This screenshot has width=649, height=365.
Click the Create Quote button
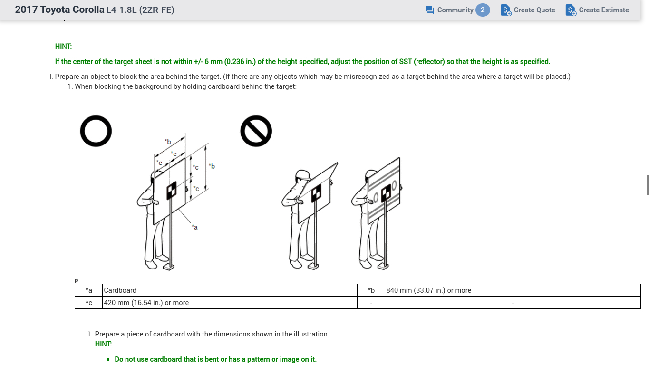528,10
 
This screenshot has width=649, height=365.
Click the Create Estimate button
597,10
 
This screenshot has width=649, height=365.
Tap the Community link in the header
449,10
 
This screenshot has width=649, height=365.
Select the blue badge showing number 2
483,10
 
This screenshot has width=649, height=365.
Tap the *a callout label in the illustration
195,227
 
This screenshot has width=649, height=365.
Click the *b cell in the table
371,290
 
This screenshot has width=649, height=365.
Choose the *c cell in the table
88,303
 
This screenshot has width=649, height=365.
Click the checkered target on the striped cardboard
386,193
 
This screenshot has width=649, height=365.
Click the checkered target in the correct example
172,190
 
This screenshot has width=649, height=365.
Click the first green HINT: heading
63,47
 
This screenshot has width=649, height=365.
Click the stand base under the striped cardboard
383,266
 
